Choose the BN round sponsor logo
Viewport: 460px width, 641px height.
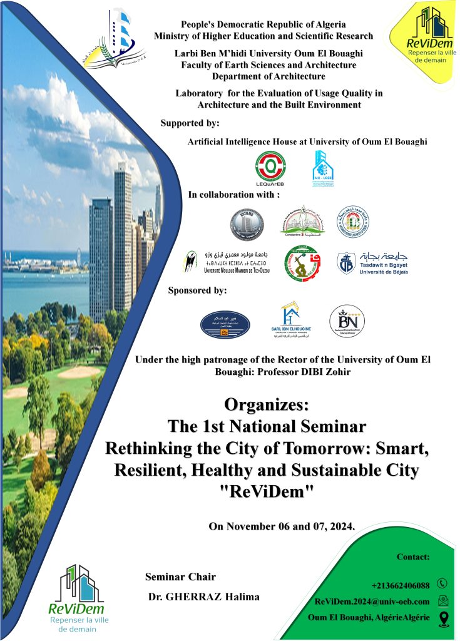[x=347, y=320]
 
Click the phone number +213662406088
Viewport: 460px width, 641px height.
[x=401, y=585]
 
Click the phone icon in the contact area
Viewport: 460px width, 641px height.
[x=442, y=583]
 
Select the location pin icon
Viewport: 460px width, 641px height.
[x=444, y=618]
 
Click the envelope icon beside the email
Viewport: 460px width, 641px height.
[x=443, y=601]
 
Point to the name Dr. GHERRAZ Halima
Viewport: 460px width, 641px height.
[x=203, y=597]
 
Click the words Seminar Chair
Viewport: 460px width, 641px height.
[x=180, y=577]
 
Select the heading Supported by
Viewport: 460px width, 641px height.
[x=190, y=122]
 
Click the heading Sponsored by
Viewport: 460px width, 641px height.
[x=197, y=290]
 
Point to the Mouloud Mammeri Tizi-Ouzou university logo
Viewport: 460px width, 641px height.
[x=226, y=262]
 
